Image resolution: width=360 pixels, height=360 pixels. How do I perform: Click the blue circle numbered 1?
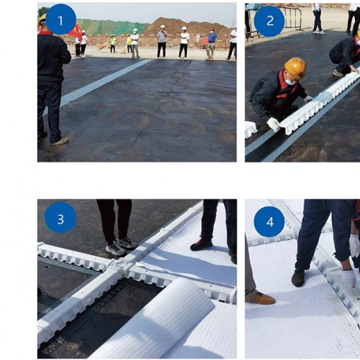tap(60, 19)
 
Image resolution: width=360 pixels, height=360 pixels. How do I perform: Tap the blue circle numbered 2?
tap(269, 21)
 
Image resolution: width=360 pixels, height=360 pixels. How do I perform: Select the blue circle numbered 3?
tap(60, 218)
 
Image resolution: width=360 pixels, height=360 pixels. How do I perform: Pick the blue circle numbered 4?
tap(269, 222)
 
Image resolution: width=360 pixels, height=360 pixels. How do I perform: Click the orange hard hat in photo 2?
tap(295, 68)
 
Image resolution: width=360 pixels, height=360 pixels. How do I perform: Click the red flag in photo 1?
tap(75, 31)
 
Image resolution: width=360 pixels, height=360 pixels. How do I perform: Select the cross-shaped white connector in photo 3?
tap(120, 265)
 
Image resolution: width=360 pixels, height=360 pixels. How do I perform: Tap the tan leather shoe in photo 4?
tap(261, 299)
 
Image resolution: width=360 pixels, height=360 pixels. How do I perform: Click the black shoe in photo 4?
tap(298, 277)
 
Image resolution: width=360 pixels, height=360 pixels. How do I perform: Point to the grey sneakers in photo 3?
tap(121, 246)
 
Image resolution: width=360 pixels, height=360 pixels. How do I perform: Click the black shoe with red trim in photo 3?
tap(201, 245)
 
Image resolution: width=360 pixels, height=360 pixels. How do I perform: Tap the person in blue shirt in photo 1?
tap(211, 43)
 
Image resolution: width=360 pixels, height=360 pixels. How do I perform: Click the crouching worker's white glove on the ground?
tap(274, 124)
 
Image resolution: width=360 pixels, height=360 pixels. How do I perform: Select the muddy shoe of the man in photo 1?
tap(60, 142)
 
